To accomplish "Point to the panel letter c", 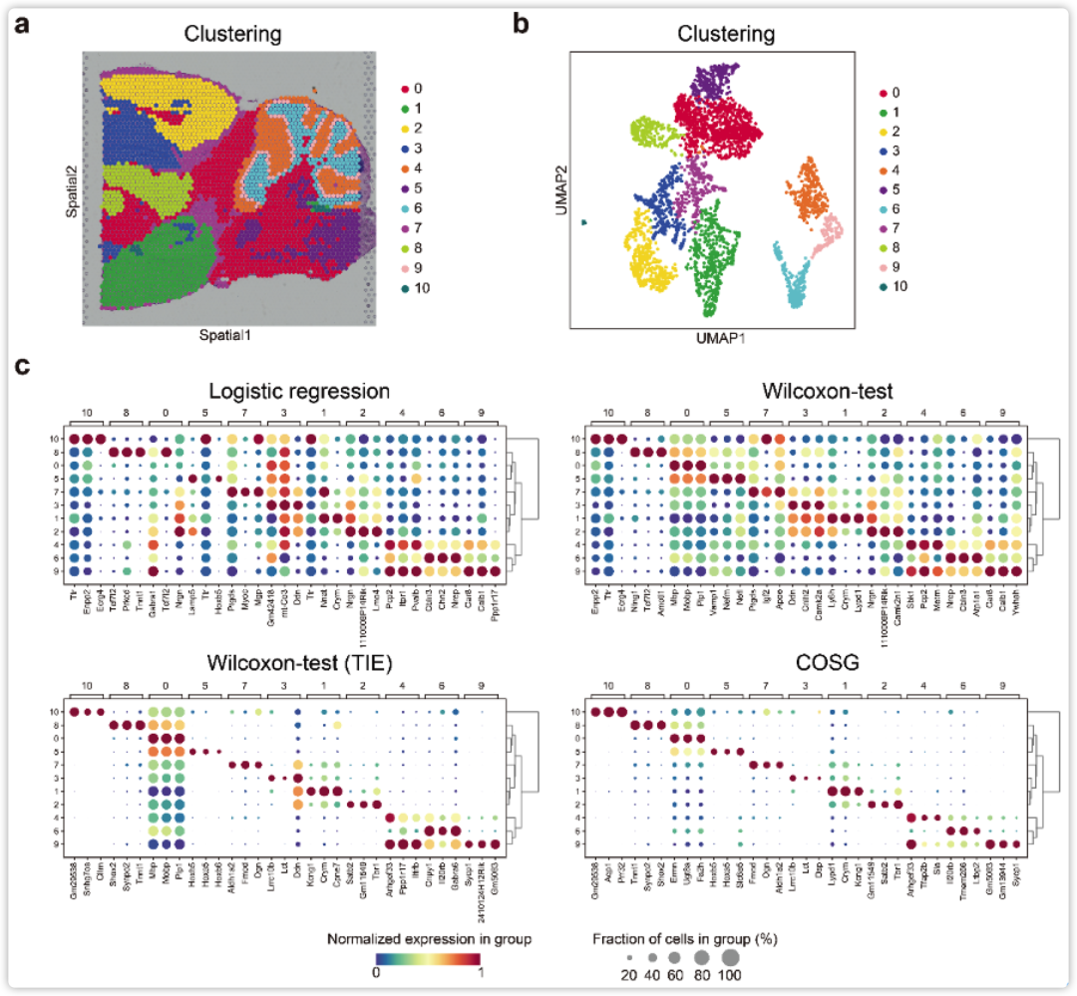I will (21, 365).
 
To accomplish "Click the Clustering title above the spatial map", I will (232, 34).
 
